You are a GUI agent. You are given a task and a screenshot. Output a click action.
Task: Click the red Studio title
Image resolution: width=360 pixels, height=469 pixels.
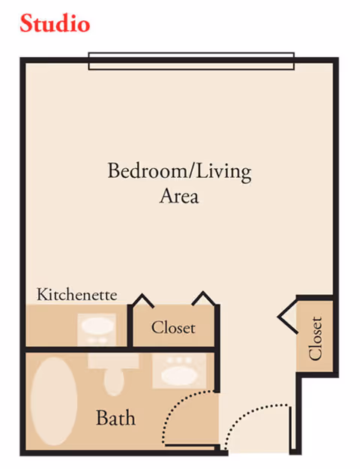pos(55,24)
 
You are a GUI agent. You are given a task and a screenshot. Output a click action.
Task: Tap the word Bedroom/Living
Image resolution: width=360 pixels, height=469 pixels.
pos(179,171)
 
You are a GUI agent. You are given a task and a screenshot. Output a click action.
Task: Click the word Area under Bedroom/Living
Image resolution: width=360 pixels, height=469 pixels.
pos(179,197)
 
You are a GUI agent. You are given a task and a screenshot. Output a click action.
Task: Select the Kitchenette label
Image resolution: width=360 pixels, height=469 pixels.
pos(77,294)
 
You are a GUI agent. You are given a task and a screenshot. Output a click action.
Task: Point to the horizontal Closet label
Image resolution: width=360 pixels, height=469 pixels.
pos(173,328)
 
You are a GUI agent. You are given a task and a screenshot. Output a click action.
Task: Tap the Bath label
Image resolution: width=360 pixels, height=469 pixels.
pos(115,417)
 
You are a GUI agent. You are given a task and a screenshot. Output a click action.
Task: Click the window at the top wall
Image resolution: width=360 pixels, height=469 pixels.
pos(190,61)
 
